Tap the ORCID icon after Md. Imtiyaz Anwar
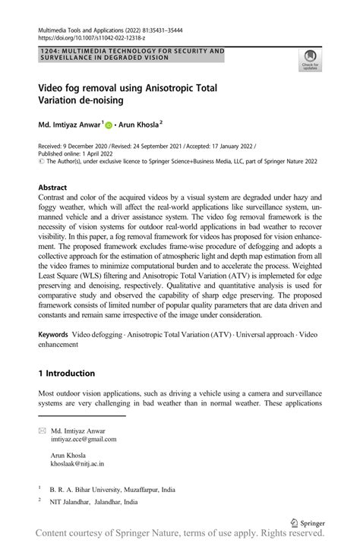click(x=108, y=125)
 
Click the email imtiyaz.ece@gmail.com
click(x=83, y=439)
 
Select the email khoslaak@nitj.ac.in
click(x=77, y=462)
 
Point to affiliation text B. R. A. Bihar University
click(x=84, y=491)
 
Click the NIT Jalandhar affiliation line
click(x=93, y=502)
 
